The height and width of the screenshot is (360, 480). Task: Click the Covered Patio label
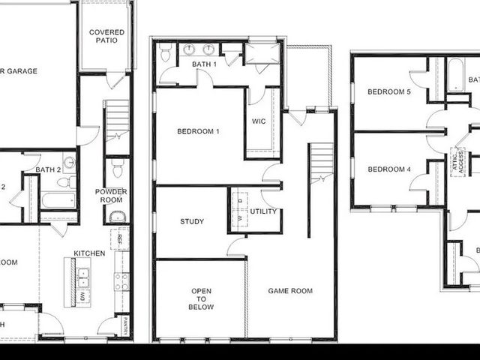[106, 37]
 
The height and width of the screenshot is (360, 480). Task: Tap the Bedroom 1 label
[198, 131]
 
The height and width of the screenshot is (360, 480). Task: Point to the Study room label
[192, 221]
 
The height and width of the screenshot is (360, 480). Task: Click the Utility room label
[263, 211]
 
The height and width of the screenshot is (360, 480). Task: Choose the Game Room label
[290, 290]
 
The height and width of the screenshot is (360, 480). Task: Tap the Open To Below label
[201, 299]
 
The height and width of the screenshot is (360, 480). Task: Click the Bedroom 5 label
[389, 91]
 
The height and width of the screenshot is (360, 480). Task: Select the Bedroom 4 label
[389, 169]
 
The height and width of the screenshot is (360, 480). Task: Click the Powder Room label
[111, 196]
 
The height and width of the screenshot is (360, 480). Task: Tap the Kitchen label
[89, 253]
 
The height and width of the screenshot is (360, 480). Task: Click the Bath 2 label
[48, 169]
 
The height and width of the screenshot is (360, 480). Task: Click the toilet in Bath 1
[165, 52]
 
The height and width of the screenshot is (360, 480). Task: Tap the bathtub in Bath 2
[57, 200]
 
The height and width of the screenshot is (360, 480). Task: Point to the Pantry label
[123, 325]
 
